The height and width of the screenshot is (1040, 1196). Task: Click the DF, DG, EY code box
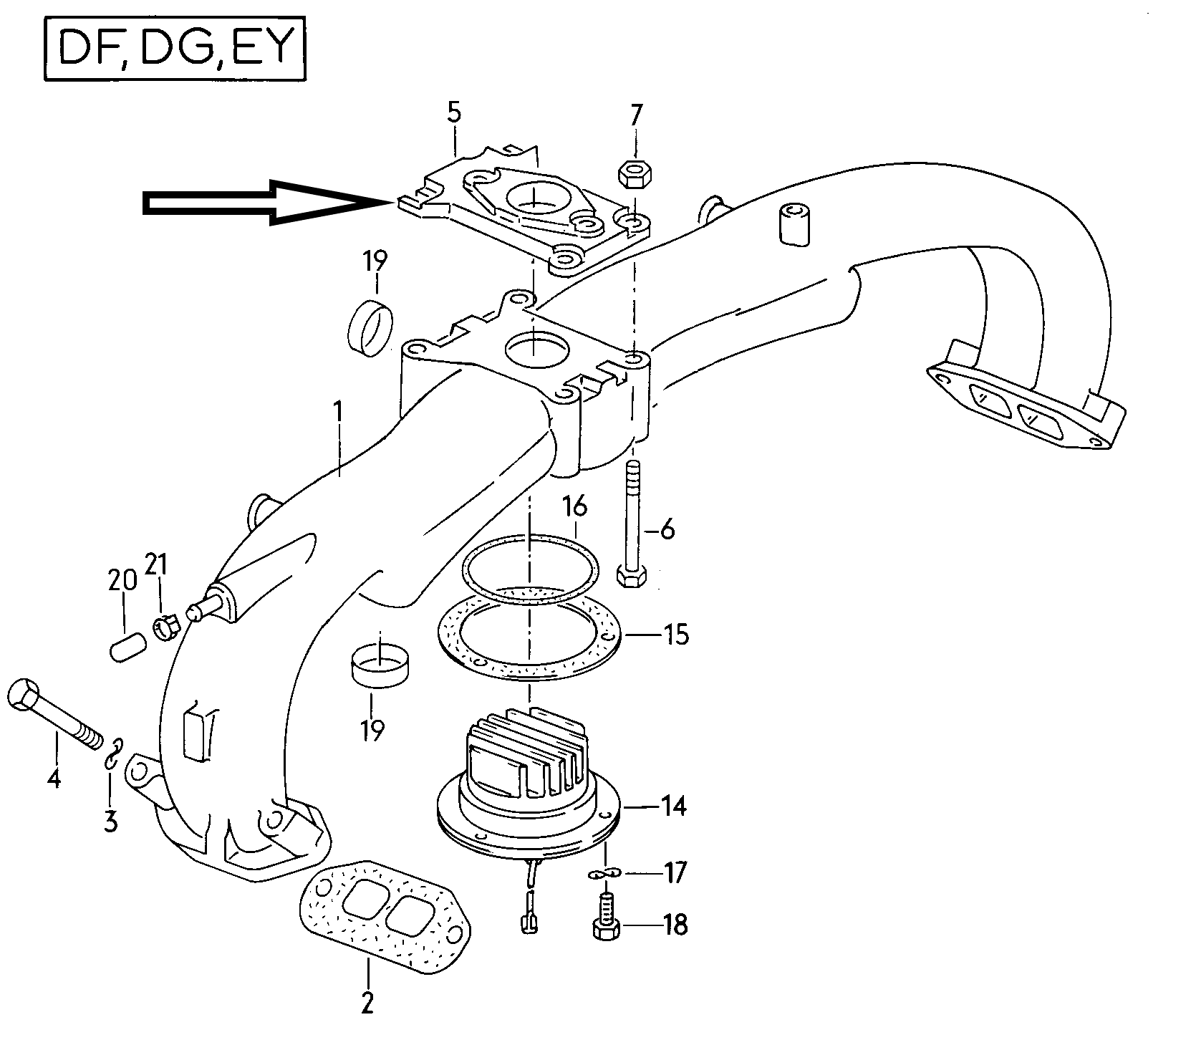175,49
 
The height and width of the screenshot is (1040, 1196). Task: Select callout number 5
454,114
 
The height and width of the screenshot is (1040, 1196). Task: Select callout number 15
676,635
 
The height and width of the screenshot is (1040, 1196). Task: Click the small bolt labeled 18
607,918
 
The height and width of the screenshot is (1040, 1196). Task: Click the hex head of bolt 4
25,693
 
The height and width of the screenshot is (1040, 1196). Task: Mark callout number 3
110,821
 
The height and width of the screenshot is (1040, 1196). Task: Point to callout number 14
673,806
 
